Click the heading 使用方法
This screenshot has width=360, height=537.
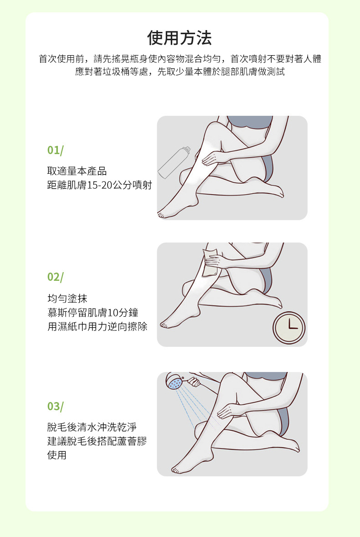coord(179,38)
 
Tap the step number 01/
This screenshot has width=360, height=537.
coord(55,150)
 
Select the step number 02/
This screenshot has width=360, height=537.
coord(55,277)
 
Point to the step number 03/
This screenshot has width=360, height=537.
coord(55,406)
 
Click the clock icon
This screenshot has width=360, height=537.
coord(289,328)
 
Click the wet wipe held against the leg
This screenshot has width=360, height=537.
coord(210,263)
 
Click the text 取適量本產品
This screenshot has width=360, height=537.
coord(77,171)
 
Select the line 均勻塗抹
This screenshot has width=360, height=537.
coord(67,298)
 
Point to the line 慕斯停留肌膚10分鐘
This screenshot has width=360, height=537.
coord(93,312)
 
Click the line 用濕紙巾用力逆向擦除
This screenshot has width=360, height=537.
coord(97,326)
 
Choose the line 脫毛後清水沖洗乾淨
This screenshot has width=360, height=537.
coord(92,427)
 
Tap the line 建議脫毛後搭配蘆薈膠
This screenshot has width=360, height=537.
coord(97,441)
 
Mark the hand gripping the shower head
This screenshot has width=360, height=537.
coord(194,381)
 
